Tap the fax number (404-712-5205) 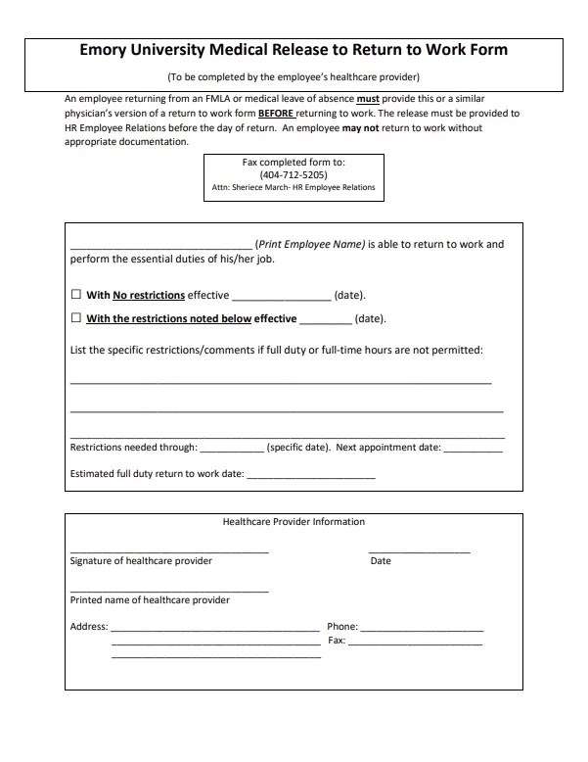pyautogui.click(x=294, y=174)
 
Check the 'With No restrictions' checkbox pyautogui.click(x=76, y=295)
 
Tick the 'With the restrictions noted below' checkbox pyautogui.click(x=76, y=318)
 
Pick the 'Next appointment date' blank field pyautogui.click(x=474, y=451)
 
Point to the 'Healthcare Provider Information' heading pyautogui.click(x=294, y=522)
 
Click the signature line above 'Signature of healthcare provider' pyautogui.click(x=168, y=551)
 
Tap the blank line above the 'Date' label pyautogui.click(x=419, y=551)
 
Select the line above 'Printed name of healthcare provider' pyautogui.click(x=168, y=590)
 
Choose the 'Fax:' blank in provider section pyautogui.click(x=416, y=643)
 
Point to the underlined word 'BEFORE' pyautogui.click(x=276, y=114)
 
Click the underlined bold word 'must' pyautogui.click(x=367, y=99)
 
